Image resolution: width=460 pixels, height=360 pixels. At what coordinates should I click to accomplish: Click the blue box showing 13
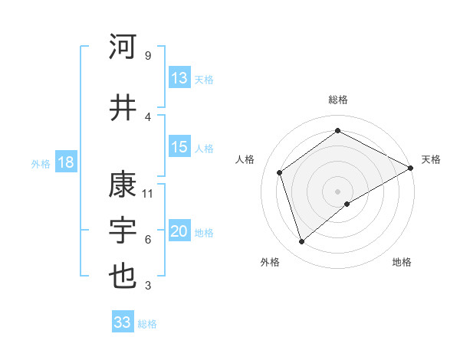click(179, 78)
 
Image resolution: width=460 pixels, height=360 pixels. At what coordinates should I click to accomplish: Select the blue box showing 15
click(179, 147)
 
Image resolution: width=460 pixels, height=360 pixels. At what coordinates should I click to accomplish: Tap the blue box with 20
click(179, 231)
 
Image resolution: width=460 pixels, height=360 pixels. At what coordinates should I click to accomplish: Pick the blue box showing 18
click(65, 162)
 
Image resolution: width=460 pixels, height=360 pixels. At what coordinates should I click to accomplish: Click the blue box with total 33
click(123, 322)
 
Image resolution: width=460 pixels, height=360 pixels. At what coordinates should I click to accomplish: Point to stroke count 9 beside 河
click(147, 56)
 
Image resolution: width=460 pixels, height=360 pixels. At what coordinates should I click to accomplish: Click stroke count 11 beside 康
click(149, 193)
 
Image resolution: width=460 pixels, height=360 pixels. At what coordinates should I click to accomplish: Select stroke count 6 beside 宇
click(148, 240)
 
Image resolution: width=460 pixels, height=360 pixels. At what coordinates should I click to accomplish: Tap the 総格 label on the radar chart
click(338, 100)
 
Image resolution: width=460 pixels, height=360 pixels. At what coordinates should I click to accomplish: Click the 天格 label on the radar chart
click(431, 159)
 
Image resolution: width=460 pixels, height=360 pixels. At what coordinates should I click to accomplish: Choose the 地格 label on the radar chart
click(402, 262)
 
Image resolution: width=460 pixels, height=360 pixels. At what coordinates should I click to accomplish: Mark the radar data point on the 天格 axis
click(411, 168)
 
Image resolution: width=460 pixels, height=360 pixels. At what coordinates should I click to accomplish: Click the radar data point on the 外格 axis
click(302, 242)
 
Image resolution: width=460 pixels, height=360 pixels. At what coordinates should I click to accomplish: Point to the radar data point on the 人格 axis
click(280, 172)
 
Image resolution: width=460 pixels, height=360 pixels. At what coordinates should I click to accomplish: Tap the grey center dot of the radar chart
click(337, 191)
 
